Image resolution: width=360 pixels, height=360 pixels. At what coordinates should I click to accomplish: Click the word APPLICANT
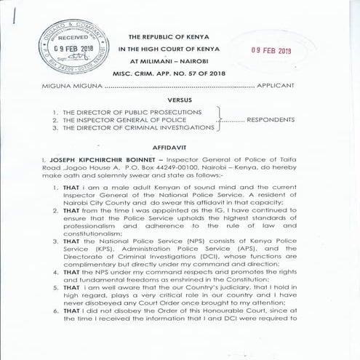pyautogui.click(x=276, y=86)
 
